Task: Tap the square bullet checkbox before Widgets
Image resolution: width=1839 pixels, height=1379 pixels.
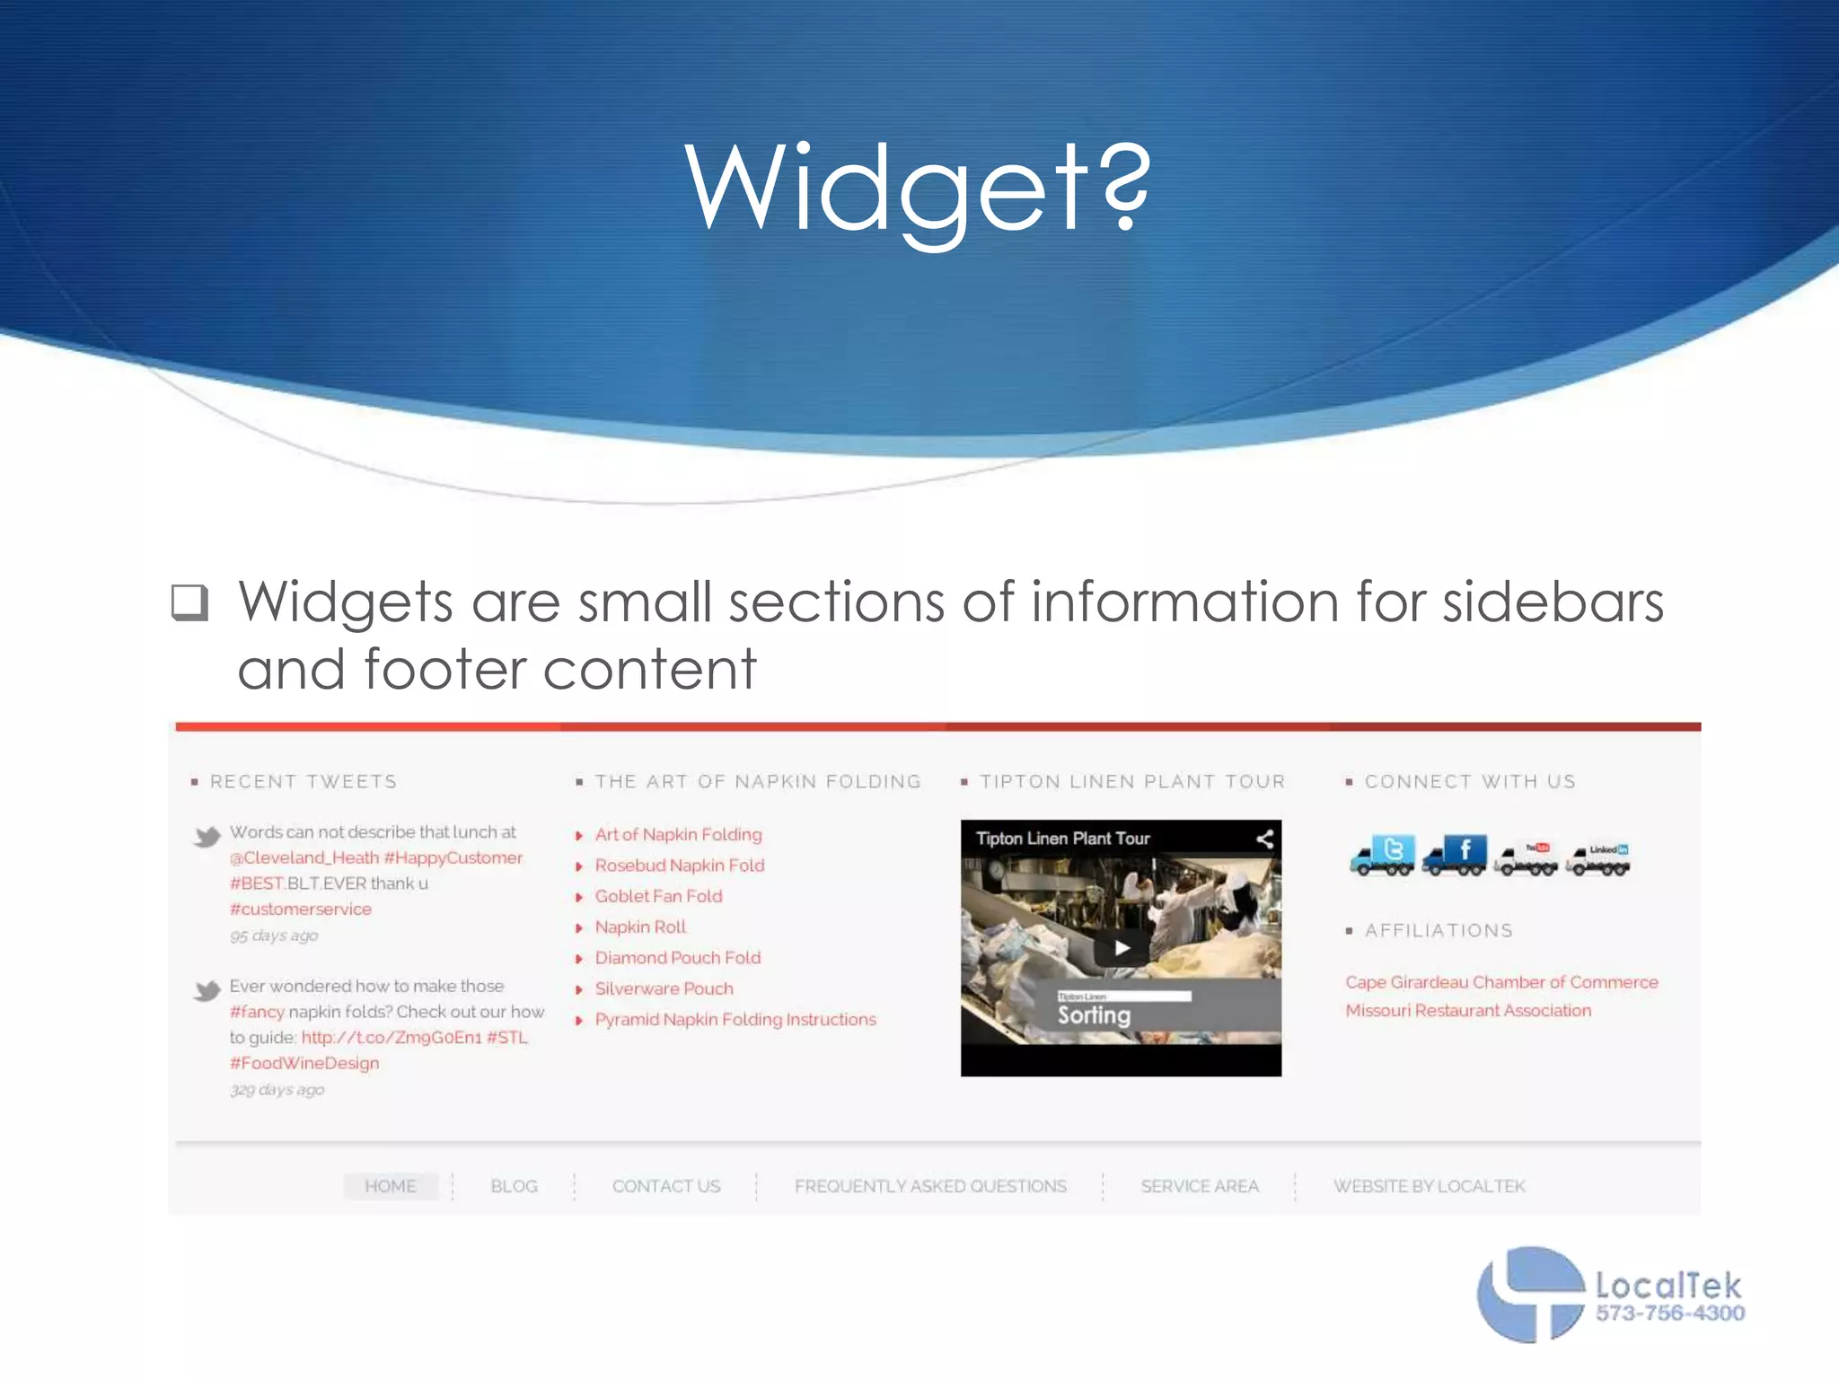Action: (x=189, y=602)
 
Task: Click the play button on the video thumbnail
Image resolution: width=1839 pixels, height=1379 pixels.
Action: (x=1122, y=948)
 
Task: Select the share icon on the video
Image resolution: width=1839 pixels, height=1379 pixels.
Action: (x=1264, y=839)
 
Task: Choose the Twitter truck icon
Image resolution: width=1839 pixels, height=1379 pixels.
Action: (x=1383, y=855)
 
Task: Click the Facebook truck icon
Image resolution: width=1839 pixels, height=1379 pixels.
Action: (x=1455, y=855)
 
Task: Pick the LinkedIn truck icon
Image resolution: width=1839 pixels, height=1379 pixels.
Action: (x=1598, y=859)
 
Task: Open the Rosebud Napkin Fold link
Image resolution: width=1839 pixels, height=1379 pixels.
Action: (x=679, y=865)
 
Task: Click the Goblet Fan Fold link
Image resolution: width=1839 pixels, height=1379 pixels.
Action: (x=658, y=896)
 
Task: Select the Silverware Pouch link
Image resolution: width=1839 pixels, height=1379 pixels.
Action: (x=664, y=988)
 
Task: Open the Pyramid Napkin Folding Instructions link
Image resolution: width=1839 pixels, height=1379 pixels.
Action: (x=735, y=1020)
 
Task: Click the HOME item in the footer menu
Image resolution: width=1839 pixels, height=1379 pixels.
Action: (x=391, y=1186)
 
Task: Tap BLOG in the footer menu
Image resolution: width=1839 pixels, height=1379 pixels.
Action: (x=514, y=1186)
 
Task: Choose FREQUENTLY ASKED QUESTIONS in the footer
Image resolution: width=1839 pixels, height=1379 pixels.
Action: (x=930, y=1186)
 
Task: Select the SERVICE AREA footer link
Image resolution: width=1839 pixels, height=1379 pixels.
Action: (x=1200, y=1186)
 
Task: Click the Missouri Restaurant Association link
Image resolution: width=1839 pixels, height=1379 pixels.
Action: (x=1468, y=1011)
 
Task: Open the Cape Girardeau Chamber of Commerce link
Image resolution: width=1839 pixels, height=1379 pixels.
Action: (x=1501, y=982)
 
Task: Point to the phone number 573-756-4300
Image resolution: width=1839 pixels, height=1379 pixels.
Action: (x=1670, y=1313)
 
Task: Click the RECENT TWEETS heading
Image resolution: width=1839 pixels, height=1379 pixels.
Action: (x=303, y=782)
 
